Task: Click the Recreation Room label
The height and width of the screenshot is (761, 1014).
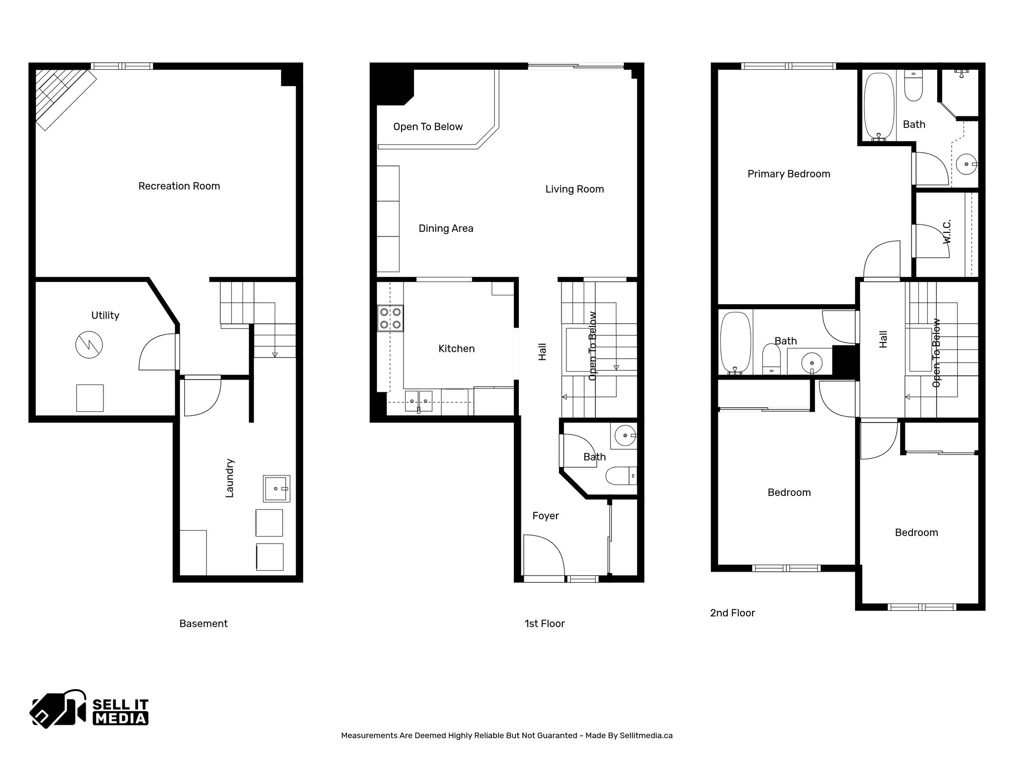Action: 179,186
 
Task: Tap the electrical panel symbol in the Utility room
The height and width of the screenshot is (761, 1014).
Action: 89,345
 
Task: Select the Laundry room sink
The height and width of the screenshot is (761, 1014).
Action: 276,489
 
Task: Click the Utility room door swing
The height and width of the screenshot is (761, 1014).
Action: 157,353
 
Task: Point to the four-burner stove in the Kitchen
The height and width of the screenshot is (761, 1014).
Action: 390,319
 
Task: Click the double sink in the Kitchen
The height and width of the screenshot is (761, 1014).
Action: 418,401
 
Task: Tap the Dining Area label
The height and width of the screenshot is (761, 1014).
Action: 446,228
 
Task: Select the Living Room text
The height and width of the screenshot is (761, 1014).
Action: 574,189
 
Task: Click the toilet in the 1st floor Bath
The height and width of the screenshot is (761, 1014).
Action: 620,476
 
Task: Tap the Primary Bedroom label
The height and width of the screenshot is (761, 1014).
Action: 788,174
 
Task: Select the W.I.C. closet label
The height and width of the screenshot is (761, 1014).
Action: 947,231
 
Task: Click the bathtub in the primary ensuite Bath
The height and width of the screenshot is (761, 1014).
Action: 879,107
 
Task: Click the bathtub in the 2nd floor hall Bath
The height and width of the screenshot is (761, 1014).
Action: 735,342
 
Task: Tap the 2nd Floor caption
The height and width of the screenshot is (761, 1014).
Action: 732,613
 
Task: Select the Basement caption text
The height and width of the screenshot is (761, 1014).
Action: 203,624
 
